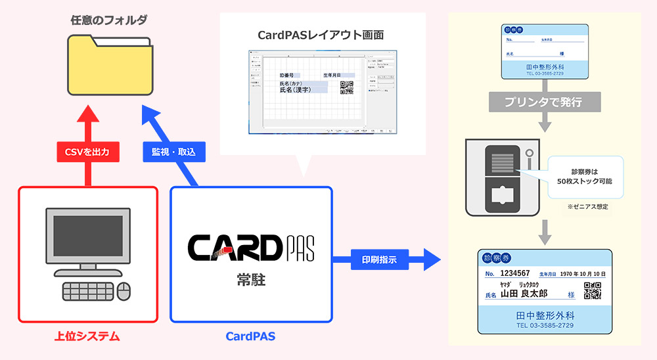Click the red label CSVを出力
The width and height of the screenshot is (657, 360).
[x=87, y=152]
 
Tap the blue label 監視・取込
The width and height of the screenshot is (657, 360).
[x=173, y=152]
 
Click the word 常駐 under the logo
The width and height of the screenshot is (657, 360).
[x=251, y=281]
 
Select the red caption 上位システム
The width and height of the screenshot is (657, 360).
[x=87, y=336]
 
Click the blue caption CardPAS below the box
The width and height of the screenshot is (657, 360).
[x=250, y=336]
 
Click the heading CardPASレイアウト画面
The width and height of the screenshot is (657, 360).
[x=321, y=34]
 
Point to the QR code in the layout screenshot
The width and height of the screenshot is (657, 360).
[x=346, y=87]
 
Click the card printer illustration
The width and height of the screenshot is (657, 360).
[x=503, y=177]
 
